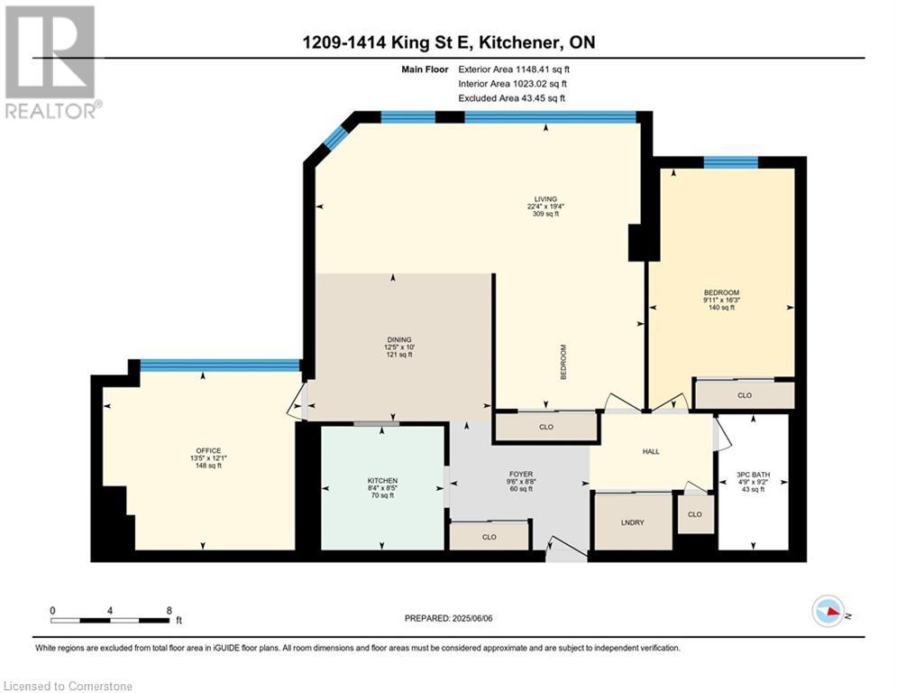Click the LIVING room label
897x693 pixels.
coord(545,199)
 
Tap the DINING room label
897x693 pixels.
coord(398,339)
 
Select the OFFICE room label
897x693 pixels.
coord(208,451)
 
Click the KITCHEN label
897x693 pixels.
coord(383,481)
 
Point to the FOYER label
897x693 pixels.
coord(521,475)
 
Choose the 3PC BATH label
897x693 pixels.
coord(753,475)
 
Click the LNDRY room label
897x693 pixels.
coord(633,522)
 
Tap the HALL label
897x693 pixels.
coord(651,451)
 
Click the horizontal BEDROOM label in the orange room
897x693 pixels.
coord(721,292)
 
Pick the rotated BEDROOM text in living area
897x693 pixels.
coord(563,362)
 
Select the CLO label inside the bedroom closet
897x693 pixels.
coord(745,395)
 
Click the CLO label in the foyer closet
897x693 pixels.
coord(490,537)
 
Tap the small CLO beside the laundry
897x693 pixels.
coord(695,514)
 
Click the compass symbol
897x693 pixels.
coord(828,611)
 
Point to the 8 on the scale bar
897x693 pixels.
coord(169,611)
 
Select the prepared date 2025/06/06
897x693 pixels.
coord(472,618)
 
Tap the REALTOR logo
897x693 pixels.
coord(52,62)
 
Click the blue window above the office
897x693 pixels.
coord(220,365)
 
